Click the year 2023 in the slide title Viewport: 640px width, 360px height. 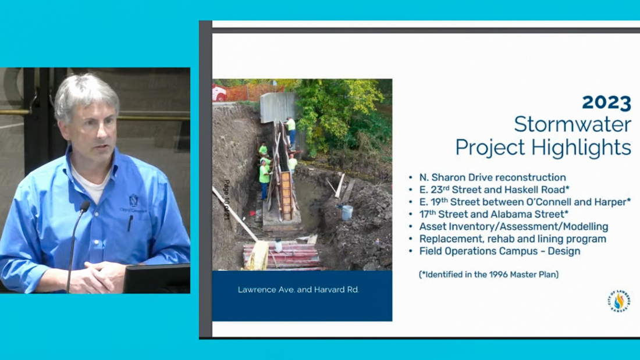point(606,102)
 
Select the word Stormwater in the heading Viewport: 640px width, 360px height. point(573,124)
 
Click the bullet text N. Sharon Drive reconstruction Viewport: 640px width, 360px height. point(492,177)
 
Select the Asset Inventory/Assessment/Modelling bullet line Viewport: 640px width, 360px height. point(514,227)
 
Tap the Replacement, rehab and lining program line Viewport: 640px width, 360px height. point(513,239)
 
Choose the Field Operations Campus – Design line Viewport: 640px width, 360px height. point(500,251)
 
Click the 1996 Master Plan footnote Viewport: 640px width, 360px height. point(489,275)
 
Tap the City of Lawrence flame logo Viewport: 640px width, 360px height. point(619,301)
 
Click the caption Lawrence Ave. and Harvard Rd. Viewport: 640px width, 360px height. point(298,290)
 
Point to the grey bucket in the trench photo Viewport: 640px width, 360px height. point(347,213)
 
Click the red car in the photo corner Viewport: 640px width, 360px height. point(219,94)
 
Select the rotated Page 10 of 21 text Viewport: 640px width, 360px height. point(227,199)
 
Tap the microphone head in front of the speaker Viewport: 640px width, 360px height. point(85,206)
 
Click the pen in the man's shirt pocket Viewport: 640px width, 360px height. point(130,223)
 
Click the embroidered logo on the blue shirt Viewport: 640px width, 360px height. point(133,203)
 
